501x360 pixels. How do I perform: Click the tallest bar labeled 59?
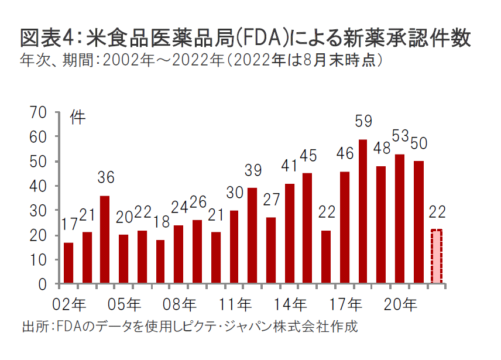(x=362, y=212)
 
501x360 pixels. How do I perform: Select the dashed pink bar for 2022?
(x=437, y=257)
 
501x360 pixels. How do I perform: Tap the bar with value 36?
(x=105, y=240)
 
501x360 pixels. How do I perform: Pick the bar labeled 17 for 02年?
(x=68, y=263)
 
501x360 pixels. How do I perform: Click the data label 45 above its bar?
(x=308, y=156)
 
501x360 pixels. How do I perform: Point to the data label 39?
(x=252, y=171)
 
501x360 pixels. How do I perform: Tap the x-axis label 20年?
(x=402, y=304)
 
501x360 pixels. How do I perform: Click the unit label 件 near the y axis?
(x=78, y=117)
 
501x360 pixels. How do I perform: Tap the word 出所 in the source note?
(x=32, y=326)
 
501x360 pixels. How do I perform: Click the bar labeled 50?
(x=418, y=222)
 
